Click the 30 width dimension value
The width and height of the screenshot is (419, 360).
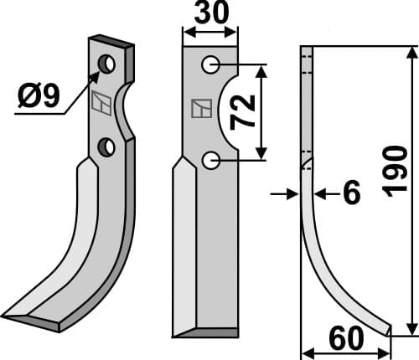[209, 15]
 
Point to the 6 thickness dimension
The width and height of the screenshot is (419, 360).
[351, 194]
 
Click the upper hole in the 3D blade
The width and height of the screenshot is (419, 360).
[107, 64]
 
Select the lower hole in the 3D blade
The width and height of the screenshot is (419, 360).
[106, 147]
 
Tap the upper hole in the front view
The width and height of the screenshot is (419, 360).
[209, 64]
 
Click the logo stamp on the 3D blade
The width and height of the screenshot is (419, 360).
[100, 104]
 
